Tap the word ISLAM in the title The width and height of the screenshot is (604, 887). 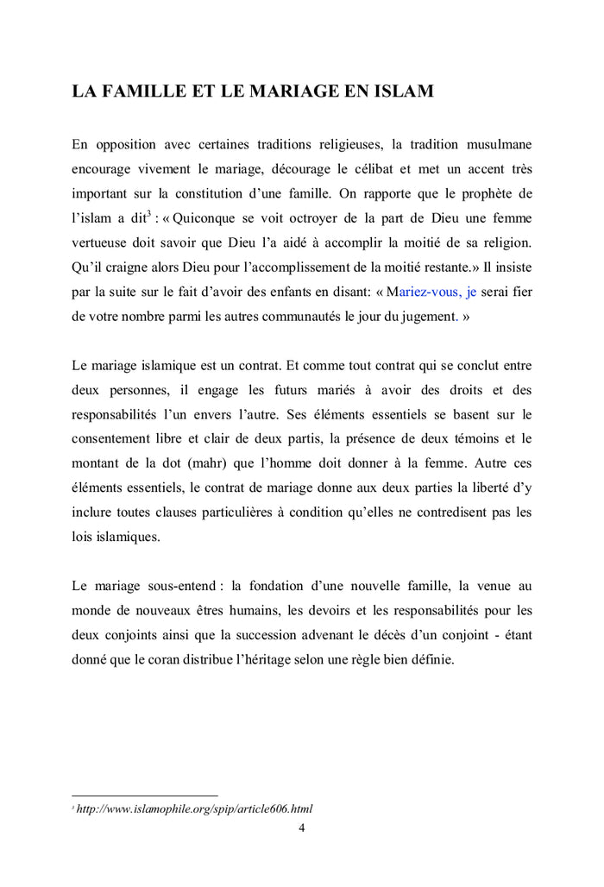(x=405, y=91)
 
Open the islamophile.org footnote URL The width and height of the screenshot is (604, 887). (x=194, y=808)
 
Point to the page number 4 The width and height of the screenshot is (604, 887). (x=301, y=828)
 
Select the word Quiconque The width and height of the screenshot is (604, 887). (x=196, y=219)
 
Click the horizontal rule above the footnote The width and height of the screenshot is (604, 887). (x=144, y=796)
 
